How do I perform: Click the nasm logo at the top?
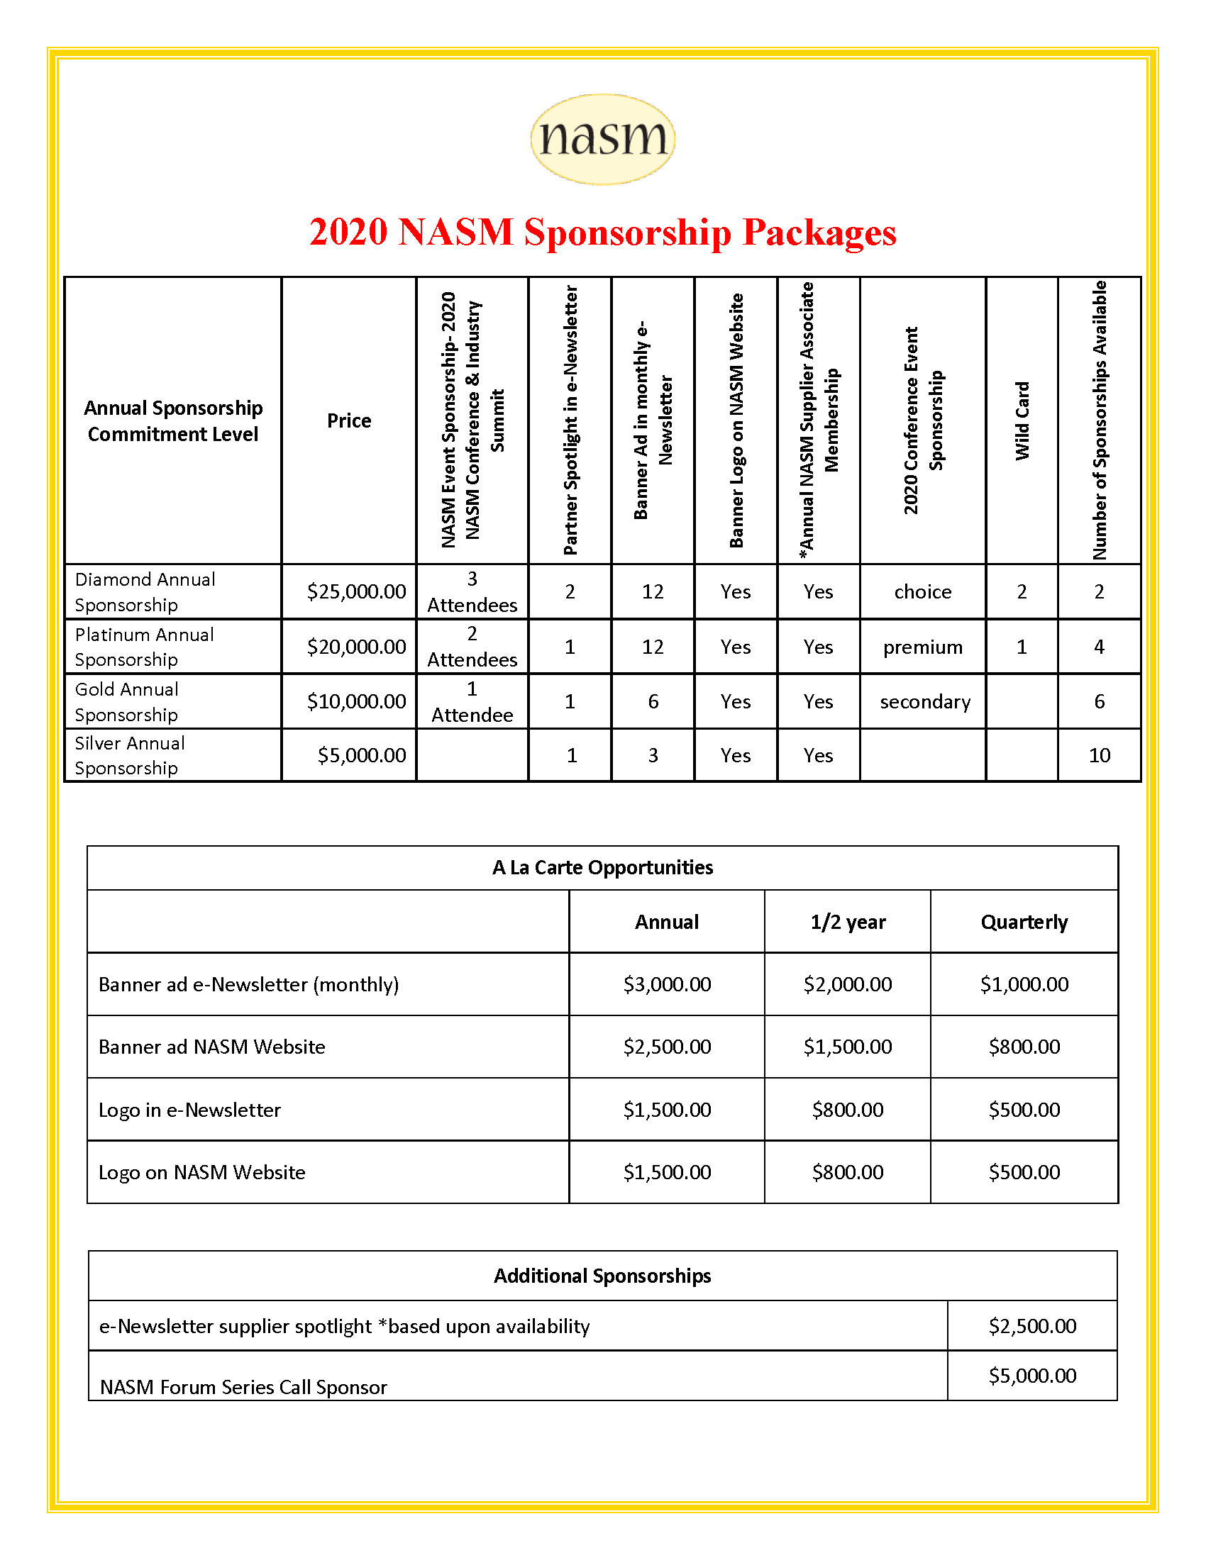click(x=602, y=138)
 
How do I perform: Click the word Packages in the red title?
click(x=819, y=232)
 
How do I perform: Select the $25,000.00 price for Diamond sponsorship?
click(x=356, y=591)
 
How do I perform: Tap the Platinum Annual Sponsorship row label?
click(x=144, y=647)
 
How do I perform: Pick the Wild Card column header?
click(x=1022, y=420)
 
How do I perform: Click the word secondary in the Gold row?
click(x=924, y=701)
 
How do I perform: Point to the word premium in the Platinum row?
click(x=922, y=647)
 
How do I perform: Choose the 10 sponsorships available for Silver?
click(x=1099, y=755)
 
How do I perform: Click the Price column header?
click(x=348, y=420)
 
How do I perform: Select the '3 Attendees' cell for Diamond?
click(x=472, y=591)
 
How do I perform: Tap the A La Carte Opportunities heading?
click(x=602, y=867)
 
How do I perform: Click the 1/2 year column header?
click(x=847, y=922)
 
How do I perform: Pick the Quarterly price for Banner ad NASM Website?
click(x=1024, y=1047)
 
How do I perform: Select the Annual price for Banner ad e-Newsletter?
click(x=667, y=984)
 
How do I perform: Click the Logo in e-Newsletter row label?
click(x=189, y=1109)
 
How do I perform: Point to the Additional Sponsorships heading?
click(x=602, y=1276)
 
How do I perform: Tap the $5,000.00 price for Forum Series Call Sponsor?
click(x=1031, y=1375)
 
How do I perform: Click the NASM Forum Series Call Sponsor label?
click(x=243, y=1386)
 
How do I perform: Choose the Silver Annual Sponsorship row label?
click(x=129, y=755)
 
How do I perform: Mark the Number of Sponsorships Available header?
click(x=1100, y=420)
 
